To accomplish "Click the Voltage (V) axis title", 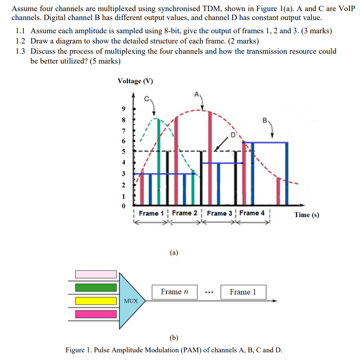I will [x=135, y=81].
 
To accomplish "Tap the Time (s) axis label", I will [x=306, y=215].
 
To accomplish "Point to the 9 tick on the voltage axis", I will [x=124, y=108].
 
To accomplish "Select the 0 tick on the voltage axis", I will [x=124, y=207].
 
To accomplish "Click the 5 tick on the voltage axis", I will [x=124, y=151].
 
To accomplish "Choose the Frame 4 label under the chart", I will [x=252, y=213].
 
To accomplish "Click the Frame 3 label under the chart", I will [x=219, y=213].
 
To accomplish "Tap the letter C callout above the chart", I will [x=146, y=99].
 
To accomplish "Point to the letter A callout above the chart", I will [x=196, y=93].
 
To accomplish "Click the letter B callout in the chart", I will [x=265, y=121].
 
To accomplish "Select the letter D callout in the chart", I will [x=233, y=135].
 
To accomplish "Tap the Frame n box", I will [x=174, y=292].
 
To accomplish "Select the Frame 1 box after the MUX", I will [x=243, y=292].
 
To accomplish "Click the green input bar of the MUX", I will [x=96, y=287].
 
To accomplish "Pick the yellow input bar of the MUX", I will [x=96, y=301].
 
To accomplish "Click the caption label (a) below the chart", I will [x=173, y=253].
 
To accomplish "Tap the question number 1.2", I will [x=20, y=41].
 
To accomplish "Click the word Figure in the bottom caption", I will [x=75, y=350].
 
